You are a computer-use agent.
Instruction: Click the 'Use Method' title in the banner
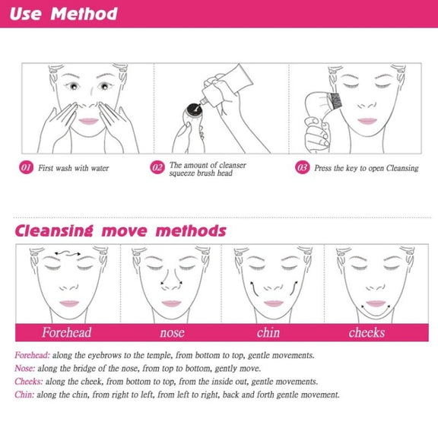click(x=64, y=14)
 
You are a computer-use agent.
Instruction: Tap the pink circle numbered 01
click(x=26, y=167)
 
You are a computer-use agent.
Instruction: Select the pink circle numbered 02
click(x=157, y=167)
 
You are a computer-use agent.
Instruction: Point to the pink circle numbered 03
click(x=302, y=167)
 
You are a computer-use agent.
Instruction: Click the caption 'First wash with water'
click(x=74, y=168)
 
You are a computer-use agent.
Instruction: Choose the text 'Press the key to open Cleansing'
click(x=367, y=168)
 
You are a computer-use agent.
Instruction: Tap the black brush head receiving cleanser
click(x=194, y=109)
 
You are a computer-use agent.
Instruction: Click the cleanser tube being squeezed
click(x=227, y=84)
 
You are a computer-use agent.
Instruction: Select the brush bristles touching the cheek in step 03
click(x=335, y=101)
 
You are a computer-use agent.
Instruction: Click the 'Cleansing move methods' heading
click(x=120, y=231)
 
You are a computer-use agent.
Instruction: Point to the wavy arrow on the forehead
click(x=68, y=254)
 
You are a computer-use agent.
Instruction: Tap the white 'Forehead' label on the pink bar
click(x=66, y=332)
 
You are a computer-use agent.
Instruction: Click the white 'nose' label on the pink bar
click(x=172, y=333)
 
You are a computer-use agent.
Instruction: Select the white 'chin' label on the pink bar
click(x=268, y=332)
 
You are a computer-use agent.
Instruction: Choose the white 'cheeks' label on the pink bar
click(x=367, y=332)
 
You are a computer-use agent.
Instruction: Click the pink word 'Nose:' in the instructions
click(x=25, y=369)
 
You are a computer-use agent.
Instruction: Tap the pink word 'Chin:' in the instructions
click(x=24, y=395)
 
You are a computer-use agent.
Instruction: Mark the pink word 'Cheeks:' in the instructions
click(x=29, y=382)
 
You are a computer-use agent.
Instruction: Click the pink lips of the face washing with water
click(x=88, y=121)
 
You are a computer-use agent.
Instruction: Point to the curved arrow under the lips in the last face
click(x=376, y=312)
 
